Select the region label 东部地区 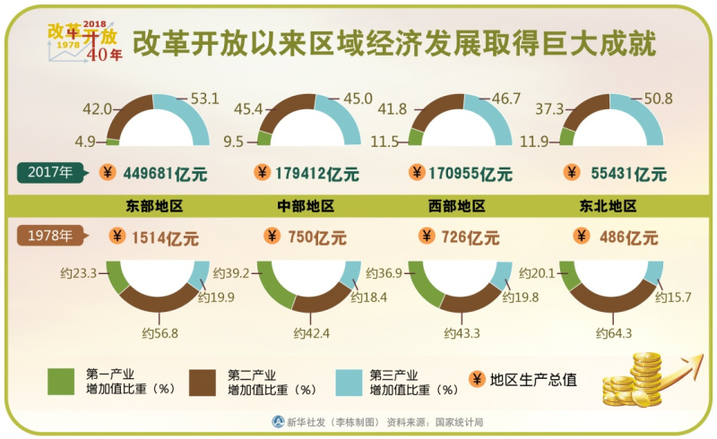155,206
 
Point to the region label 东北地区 609,206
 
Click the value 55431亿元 619,173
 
